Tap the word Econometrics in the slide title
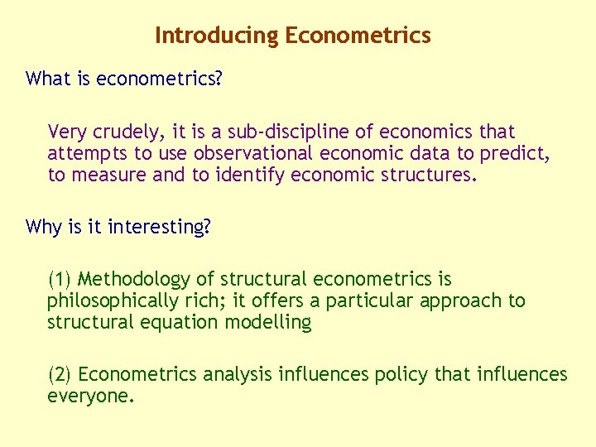358,36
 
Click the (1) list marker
60,280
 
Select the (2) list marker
60,375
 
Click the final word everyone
89,397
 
